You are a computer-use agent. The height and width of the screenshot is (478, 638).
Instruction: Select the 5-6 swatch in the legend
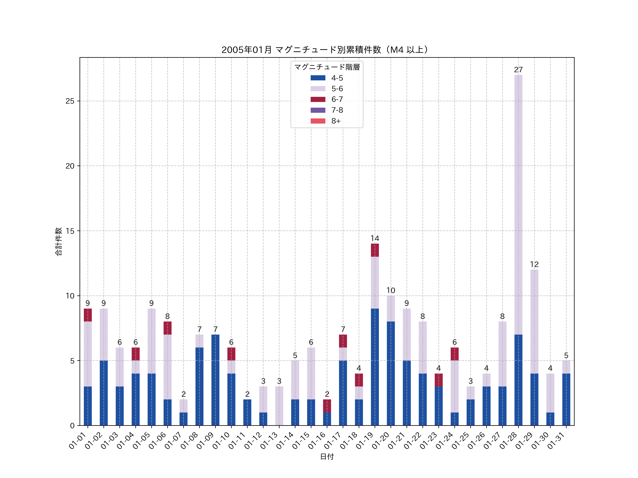click(x=318, y=89)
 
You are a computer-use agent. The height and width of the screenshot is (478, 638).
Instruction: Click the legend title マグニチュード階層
click(x=327, y=67)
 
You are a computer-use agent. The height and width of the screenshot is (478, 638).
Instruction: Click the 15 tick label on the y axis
click(x=70, y=231)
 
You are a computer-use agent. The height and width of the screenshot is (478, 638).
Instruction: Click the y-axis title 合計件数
click(x=58, y=241)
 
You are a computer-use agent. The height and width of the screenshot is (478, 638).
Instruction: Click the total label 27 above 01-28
click(x=518, y=70)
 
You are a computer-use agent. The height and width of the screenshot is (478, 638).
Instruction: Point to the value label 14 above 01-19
click(x=375, y=238)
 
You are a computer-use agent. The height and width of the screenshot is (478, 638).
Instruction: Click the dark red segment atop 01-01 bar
click(x=88, y=315)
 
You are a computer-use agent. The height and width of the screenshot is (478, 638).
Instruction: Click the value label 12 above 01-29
click(x=534, y=264)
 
